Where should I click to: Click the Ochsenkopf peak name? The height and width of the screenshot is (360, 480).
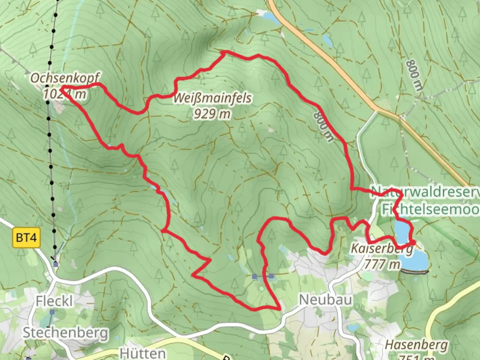click(x=65, y=79)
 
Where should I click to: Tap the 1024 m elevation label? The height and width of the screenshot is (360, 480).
click(x=65, y=94)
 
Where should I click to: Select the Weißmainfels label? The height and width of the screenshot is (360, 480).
click(x=212, y=99)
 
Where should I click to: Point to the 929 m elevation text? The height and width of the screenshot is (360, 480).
click(x=212, y=114)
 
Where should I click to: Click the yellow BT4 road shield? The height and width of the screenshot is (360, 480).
click(x=26, y=238)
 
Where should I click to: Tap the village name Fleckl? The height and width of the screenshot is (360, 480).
click(x=54, y=301)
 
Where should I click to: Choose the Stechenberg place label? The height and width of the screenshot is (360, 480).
click(x=66, y=333)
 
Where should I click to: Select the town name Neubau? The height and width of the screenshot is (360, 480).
click(x=325, y=300)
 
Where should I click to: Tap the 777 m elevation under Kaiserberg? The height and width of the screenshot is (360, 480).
click(x=382, y=264)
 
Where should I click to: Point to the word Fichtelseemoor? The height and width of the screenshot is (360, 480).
click(x=430, y=210)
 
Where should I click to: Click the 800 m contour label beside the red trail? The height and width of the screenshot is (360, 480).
click(x=323, y=126)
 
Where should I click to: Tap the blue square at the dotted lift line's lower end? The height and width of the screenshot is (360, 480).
click(x=56, y=264)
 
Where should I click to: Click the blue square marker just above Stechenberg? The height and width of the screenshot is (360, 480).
click(x=52, y=312)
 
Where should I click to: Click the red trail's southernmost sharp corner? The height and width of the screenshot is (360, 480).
click(x=279, y=309)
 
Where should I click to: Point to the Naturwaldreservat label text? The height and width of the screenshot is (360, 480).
click(x=425, y=192)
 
